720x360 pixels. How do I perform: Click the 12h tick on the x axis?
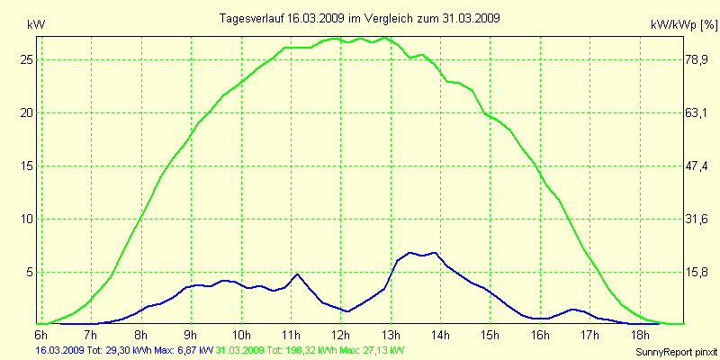coord(341,335)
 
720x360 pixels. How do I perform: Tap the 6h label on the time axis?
coord(40,335)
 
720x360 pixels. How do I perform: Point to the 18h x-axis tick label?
coord(640,335)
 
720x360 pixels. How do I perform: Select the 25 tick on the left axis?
coord(26,59)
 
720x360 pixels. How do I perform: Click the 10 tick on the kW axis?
coord(26,219)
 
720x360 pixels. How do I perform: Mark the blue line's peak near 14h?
coord(435,252)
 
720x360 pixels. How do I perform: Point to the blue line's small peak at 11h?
coord(297,274)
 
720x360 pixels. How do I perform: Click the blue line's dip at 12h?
coord(347,311)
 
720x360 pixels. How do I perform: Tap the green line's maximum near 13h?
coord(385,38)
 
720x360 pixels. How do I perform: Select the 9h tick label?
coord(191,335)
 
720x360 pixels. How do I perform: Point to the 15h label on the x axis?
coord(490,335)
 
